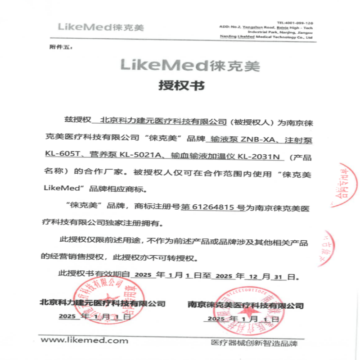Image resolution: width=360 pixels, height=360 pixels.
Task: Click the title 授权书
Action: (180, 85)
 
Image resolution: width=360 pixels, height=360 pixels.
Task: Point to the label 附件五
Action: (57, 47)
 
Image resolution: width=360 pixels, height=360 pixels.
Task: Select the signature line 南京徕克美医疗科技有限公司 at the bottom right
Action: (245, 306)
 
